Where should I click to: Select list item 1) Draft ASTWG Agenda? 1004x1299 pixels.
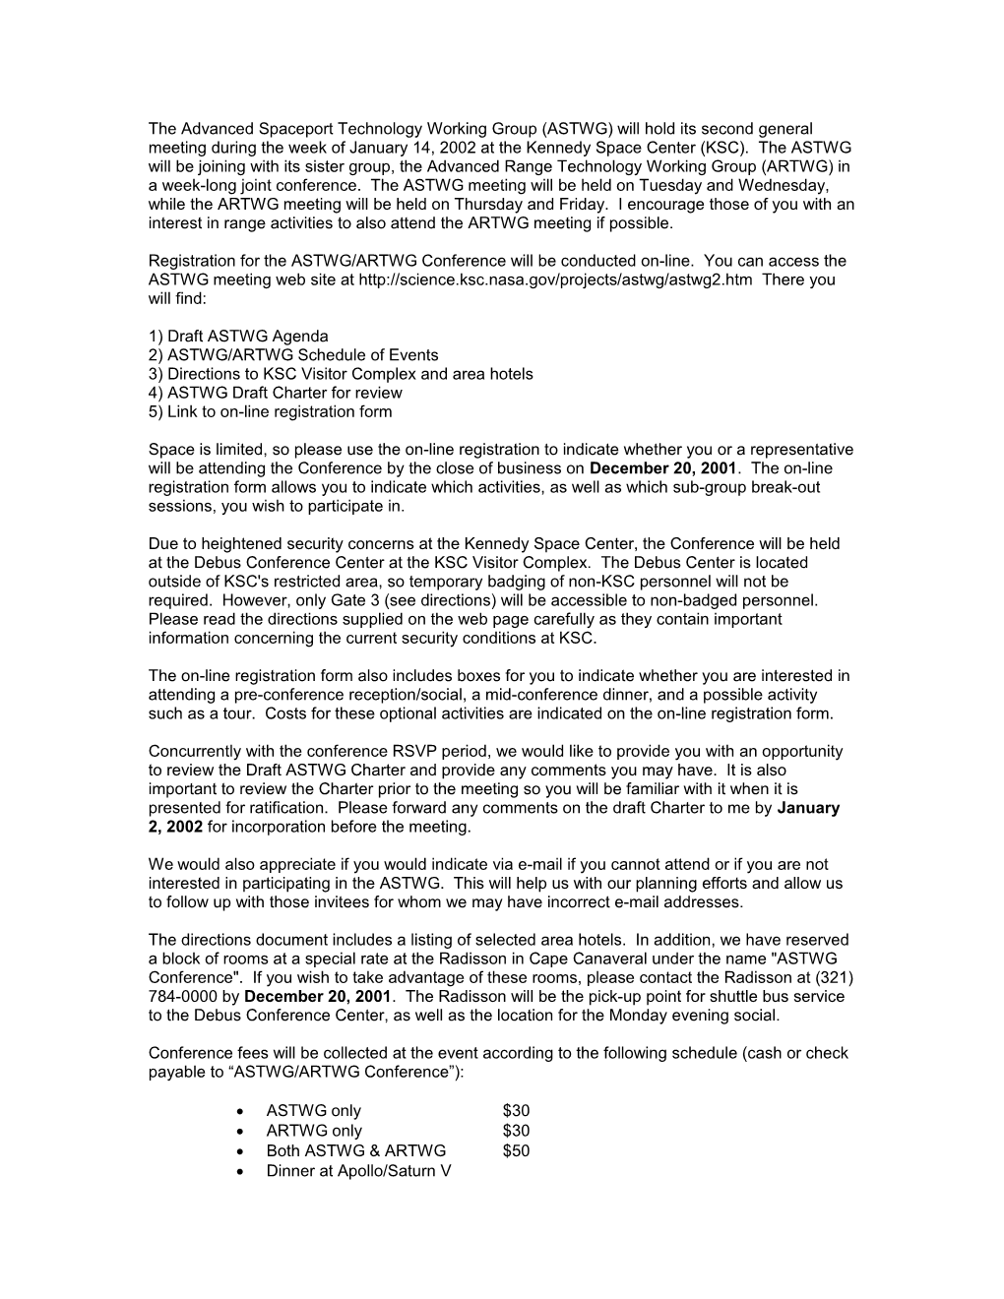click(x=238, y=336)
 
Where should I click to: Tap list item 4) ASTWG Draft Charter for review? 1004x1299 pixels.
click(x=279, y=393)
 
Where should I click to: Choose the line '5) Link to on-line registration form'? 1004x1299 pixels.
click(x=270, y=411)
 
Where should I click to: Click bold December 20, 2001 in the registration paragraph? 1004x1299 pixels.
click(x=662, y=468)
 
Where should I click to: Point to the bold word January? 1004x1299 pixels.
click(x=808, y=808)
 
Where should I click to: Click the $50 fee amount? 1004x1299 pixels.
click(x=516, y=1150)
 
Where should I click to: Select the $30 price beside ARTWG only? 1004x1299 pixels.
click(x=516, y=1131)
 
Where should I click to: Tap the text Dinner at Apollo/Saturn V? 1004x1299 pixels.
click(x=358, y=1170)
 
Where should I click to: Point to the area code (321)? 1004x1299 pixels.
click(x=834, y=977)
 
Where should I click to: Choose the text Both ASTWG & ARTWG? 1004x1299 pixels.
click(x=355, y=1150)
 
